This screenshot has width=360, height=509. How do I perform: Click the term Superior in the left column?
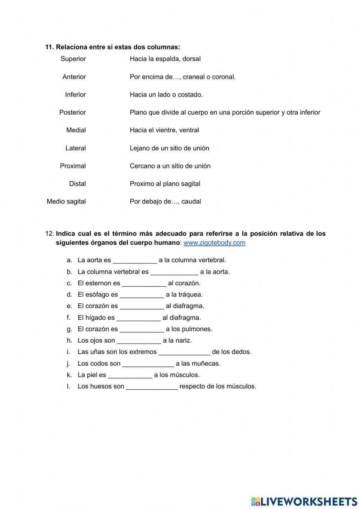pyautogui.click(x=73, y=59)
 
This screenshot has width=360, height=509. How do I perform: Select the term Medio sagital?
pyautogui.click(x=66, y=201)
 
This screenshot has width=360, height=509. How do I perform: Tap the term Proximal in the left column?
pyautogui.click(x=73, y=166)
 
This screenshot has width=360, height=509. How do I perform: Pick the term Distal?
pyautogui.click(x=77, y=184)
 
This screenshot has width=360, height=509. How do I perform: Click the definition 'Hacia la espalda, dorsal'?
pyautogui.click(x=165, y=59)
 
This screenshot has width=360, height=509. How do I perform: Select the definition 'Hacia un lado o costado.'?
pyautogui.click(x=166, y=94)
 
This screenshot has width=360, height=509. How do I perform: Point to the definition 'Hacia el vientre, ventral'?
pyautogui.click(x=164, y=130)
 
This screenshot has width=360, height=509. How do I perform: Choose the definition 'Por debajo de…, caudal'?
pyautogui.click(x=165, y=201)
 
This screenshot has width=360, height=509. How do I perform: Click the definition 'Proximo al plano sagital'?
pyautogui.click(x=165, y=184)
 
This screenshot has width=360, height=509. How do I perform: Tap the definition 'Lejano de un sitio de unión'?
pyautogui.click(x=169, y=148)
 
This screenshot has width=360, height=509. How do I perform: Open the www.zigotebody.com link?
pyautogui.click(x=214, y=242)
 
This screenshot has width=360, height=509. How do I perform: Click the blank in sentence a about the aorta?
pyautogui.click(x=135, y=260)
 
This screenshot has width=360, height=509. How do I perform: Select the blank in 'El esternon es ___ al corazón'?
pyautogui.click(x=144, y=283)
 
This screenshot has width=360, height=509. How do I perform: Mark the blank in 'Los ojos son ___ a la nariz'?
pyautogui.click(x=139, y=341)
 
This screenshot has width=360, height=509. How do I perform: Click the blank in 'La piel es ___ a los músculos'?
pyautogui.click(x=130, y=375)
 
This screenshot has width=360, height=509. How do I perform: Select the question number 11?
pyautogui.click(x=49, y=47)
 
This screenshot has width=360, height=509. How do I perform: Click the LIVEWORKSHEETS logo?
pyautogui.click(x=304, y=501)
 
